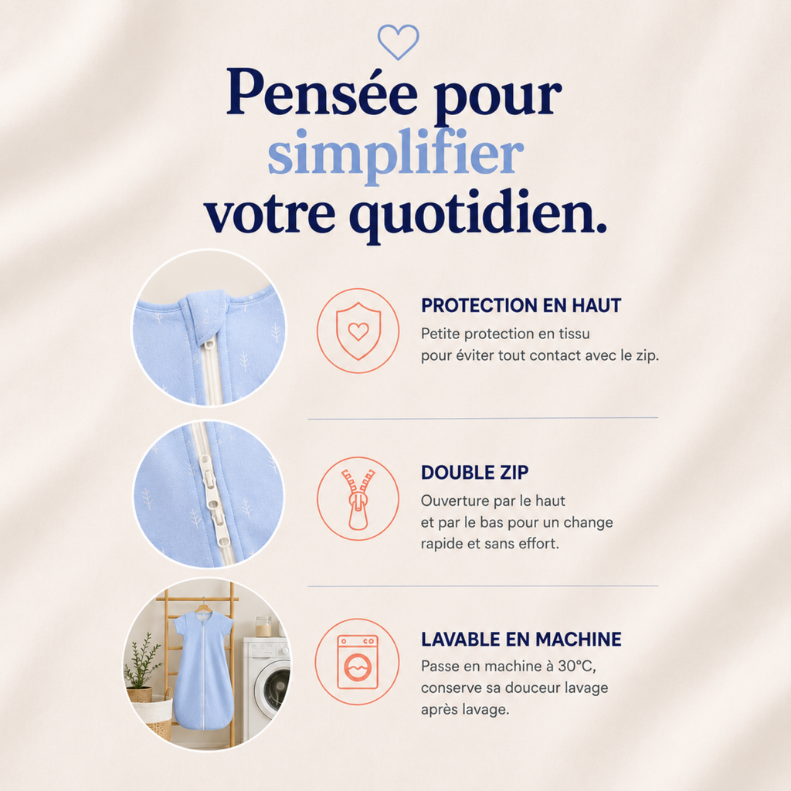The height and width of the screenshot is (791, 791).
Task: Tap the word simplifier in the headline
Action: tap(395, 154)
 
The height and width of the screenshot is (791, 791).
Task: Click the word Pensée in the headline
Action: tap(322, 93)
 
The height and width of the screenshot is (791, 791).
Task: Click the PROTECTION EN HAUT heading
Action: tap(521, 305)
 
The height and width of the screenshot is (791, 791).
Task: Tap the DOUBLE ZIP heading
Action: tap(475, 472)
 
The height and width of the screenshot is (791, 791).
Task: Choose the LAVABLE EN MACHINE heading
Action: tap(521, 639)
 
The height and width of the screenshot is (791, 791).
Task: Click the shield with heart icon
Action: tap(358, 331)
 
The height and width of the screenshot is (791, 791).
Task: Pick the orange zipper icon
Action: tap(358, 499)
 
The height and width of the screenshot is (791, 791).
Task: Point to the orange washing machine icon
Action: tap(358, 662)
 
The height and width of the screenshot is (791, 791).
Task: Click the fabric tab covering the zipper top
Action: tap(205, 315)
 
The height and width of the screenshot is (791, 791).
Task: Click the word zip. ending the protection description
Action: tap(647, 355)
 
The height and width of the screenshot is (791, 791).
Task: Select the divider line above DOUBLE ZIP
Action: tap(483, 418)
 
